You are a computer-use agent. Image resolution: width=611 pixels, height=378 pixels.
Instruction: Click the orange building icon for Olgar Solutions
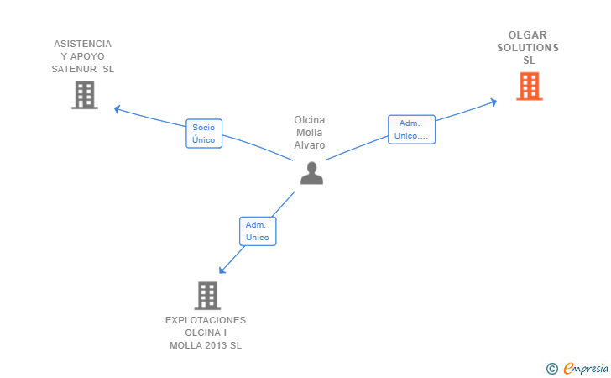click(529, 86)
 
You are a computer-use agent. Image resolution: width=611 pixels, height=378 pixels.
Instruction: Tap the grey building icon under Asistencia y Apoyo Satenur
click(84, 95)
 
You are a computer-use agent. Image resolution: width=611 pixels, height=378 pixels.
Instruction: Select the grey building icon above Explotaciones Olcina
click(207, 295)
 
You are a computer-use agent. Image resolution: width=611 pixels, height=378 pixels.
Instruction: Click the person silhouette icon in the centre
click(311, 173)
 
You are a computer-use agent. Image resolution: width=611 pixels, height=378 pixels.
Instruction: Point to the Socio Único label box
click(204, 134)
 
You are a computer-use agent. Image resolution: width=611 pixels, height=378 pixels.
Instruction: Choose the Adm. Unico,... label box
click(411, 129)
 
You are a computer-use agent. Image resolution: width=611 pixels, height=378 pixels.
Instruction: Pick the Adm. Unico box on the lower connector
click(258, 231)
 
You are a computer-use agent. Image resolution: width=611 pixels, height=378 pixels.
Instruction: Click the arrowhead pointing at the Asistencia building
click(117, 108)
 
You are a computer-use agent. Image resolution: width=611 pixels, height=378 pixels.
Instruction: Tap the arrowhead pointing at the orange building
click(493, 102)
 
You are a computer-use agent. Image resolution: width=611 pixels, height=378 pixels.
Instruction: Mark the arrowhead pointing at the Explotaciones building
click(222, 270)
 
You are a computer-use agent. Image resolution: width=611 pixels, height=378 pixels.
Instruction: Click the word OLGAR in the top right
click(528, 35)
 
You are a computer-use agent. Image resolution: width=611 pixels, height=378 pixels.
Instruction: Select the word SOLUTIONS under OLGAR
click(528, 48)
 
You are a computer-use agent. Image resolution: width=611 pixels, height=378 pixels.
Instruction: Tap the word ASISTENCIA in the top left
click(82, 44)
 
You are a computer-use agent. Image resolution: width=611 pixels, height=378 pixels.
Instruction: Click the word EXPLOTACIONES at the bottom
click(206, 320)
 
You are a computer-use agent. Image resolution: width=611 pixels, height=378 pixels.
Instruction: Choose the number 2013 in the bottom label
click(213, 345)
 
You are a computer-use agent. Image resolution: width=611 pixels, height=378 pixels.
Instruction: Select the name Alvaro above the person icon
click(310, 145)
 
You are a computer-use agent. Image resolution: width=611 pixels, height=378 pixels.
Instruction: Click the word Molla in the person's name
click(310, 133)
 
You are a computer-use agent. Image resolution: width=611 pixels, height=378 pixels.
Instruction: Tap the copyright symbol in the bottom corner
click(551, 368)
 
